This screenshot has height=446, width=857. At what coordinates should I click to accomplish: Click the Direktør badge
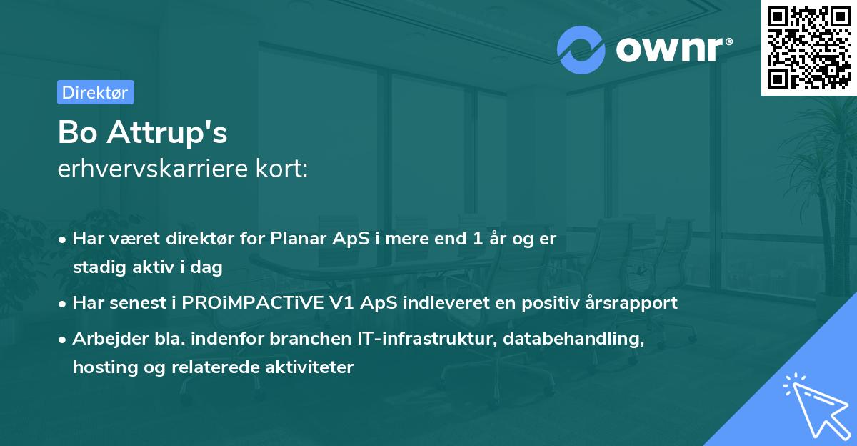point(95,92)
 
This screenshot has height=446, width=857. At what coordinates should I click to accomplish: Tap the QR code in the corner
point(808,47)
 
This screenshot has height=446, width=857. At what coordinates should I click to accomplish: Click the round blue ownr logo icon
point(581,50)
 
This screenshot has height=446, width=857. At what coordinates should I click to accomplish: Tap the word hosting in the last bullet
point(101,367)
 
